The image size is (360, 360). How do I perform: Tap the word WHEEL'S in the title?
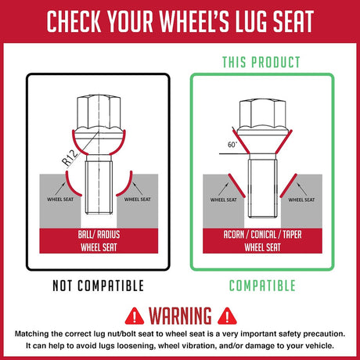[x=194, y=21]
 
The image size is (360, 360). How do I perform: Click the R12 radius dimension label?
[x=70, y=158]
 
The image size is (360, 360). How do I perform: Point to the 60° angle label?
[x=232, y=145]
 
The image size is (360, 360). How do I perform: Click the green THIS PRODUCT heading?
[x=261, y=63]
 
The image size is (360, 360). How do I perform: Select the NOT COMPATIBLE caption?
[x=98, y=286]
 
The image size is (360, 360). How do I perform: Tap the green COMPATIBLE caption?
[x=262, y=286]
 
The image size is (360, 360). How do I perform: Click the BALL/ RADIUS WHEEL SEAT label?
[x=99, y=241]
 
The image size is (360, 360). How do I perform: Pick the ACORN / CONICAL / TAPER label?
[x=262, y=235]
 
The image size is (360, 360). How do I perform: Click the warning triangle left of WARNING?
[x=135, y=316]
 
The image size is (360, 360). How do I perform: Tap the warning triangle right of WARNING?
[x=227, y=316]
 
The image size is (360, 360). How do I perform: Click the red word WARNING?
[x=180, y=315]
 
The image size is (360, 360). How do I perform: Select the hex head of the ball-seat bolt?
[x=99, y=113]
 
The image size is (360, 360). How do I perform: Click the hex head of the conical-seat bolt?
[x=262, y=114]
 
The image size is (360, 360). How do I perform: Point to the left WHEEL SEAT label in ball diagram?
[x=60, y=200]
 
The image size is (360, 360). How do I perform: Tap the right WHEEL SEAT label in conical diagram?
[x=301, y=200]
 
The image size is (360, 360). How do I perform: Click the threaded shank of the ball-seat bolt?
[x=99, y=187]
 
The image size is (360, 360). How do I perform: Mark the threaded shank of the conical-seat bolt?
[x=262, y=189]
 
